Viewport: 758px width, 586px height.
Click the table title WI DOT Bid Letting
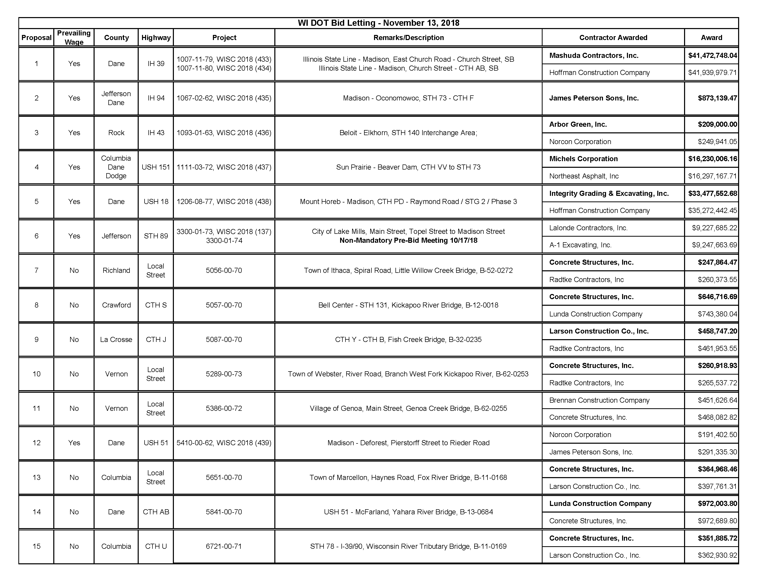(378, 23)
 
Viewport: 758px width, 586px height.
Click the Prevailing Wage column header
(74, 37)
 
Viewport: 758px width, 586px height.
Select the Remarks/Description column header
(408, 37)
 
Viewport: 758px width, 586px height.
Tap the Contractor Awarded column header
(613, 37)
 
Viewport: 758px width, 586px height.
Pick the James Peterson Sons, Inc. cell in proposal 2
(594, 98)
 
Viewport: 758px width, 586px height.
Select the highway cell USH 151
(156, 167)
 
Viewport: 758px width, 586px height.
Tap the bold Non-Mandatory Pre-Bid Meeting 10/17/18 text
(408, 240)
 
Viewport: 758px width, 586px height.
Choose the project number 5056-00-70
(224, 271)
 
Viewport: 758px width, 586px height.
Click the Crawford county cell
(116, 305)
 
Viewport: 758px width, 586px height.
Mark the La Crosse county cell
(116, 339)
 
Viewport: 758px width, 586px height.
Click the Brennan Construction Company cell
(599, 400)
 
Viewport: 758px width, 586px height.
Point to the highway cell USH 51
(156, 443)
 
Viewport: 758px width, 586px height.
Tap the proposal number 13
(36, 477)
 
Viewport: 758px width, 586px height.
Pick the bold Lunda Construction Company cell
(600, 504)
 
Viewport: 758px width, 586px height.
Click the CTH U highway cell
(156, 546)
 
